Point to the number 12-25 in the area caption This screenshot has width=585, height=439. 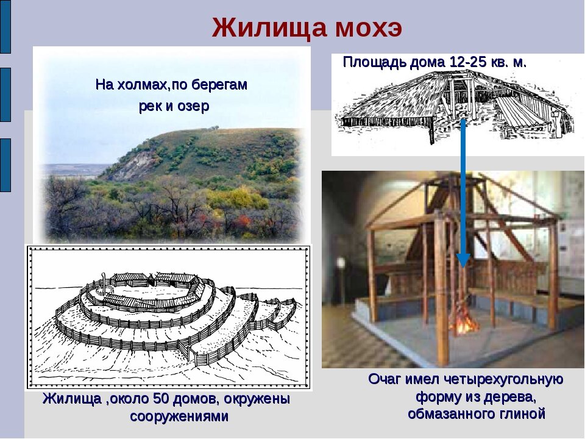(466, 62)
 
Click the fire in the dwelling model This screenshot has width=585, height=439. (465, 323)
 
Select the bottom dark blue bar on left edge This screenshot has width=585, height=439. (5, 165)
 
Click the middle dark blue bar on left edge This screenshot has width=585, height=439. (5, 95)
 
